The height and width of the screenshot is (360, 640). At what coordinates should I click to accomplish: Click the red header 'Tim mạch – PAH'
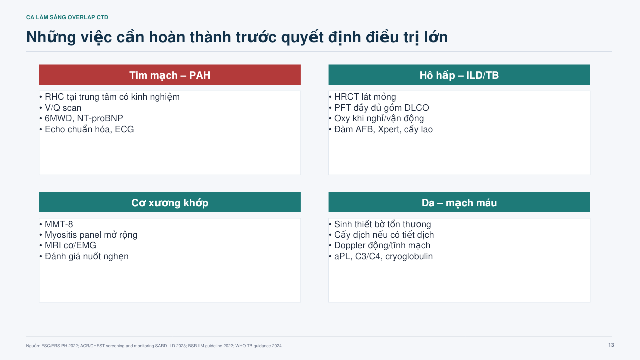[170, 75]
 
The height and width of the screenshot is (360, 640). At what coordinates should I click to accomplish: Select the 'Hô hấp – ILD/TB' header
[459, 75]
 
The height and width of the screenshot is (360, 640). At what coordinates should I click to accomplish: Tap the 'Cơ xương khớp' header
[170, 202]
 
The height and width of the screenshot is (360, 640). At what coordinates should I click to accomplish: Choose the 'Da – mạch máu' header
[459, 202]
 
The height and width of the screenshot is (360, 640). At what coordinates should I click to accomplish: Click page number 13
[611, 345]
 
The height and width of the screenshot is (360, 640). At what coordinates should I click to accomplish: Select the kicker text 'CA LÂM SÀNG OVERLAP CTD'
[67, 17]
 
